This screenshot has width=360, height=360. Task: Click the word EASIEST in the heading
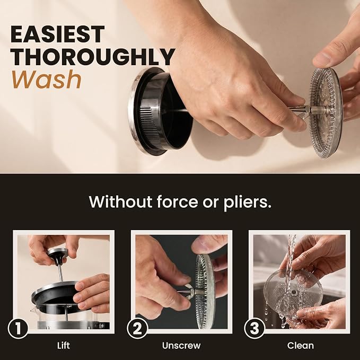(x=58, y=34)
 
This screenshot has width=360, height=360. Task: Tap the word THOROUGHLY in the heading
(x=93, y=57)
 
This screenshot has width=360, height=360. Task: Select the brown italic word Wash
(x=47, y=80)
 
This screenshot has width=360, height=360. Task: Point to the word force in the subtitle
(x=177, y=202)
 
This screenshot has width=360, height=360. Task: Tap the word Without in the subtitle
(x=120, y=202)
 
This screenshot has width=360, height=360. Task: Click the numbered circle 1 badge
(x=18, y=328)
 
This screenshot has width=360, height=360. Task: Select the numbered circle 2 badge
(x=137, y=328)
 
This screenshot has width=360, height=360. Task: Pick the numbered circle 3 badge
(x=254, y=328)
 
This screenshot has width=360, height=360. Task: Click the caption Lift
(x=64, y=346)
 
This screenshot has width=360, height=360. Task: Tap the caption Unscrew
(x=181, y=346)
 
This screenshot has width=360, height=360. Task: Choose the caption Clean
(x=300, y=346)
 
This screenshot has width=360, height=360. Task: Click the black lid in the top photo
(x=159, y=111)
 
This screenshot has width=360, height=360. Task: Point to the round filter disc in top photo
(x=326, y=113)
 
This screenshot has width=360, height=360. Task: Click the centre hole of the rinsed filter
(x=293, y=293)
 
